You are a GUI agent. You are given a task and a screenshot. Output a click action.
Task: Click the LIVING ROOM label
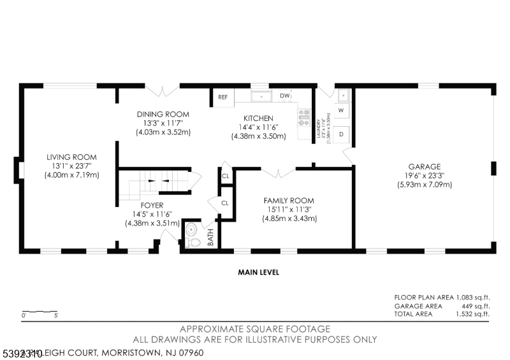(71, 157)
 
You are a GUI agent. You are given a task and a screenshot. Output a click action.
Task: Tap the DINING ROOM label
(163, 115)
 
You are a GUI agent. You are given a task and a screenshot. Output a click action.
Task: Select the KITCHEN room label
(258, 119)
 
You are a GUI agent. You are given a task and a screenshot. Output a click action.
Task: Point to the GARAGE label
(423, 167)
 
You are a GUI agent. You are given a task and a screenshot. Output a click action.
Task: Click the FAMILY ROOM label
(289, 201)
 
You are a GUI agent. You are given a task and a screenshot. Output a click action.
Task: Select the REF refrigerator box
(223, 97)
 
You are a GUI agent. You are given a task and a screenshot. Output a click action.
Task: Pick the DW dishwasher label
(285, 96)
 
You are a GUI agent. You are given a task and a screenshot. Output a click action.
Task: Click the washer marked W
(340, 111)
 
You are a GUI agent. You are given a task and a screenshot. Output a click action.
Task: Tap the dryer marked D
(341, 134)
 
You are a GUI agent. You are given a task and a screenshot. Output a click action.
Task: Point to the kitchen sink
(261, 96)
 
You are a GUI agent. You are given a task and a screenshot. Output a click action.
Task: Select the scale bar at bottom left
(40, 313)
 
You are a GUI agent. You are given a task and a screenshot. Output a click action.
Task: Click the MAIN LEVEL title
(258, 273)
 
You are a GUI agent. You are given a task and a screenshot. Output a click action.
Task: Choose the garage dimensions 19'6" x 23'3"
(423, 176)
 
